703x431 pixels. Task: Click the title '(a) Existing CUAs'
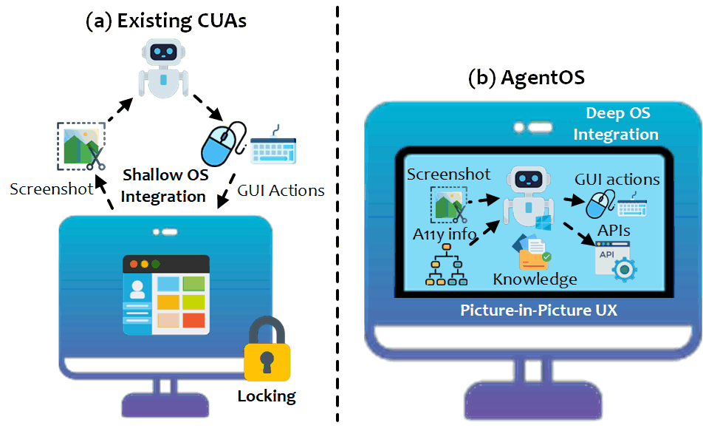point(166,20)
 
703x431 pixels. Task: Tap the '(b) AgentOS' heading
point(527,78)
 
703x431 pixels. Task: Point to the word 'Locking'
point(267,396)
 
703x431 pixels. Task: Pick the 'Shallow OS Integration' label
point(163,186)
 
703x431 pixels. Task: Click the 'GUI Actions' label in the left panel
point(281,190)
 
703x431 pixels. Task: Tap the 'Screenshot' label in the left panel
point(52,189)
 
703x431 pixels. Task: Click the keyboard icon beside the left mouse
point(274,147)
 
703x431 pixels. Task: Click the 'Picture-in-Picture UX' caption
point(539,310)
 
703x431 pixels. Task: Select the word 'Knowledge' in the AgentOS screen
point(535,279)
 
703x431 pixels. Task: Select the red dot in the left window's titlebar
point(134,264)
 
